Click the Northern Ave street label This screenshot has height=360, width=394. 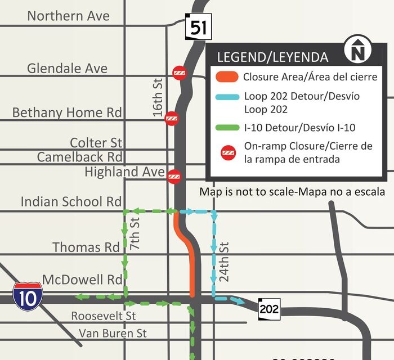(x=68, y=16)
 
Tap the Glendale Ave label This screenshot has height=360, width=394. (x=67, y=69)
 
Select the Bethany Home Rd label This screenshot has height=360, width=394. (x=67, y=112)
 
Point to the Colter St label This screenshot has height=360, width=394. (x=96, y=143)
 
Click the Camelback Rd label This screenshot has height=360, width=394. (x=79, y=157)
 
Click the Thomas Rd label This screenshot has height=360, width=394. (x=86, y=247)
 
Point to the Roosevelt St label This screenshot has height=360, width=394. (x=104, y=316)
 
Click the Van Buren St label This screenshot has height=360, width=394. (x=113, y=334)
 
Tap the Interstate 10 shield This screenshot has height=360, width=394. (x=28, y=296)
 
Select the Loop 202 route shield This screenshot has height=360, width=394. (x=268, y=308)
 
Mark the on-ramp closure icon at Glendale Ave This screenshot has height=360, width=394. (x=180, y=73)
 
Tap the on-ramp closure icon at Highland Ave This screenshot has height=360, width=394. (x=174, y=176)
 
